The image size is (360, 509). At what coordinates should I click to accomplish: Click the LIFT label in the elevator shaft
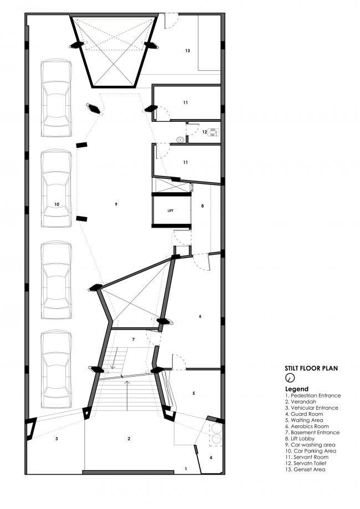171,211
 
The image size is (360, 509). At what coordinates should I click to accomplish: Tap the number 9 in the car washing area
116,204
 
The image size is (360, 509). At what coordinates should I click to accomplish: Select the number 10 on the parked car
56,204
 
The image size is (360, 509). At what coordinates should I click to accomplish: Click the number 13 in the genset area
188,50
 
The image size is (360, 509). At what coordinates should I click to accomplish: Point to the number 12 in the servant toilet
204,132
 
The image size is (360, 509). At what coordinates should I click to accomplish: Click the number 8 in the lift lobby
203,206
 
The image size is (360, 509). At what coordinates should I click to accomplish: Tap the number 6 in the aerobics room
200,316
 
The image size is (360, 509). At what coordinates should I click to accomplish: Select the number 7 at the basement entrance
133,338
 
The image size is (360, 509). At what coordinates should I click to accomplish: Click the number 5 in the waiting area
193,393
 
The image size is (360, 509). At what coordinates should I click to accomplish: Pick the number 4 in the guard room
210,457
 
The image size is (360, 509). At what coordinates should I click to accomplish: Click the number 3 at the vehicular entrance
56,439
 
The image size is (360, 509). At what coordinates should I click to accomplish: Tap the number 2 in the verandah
128,439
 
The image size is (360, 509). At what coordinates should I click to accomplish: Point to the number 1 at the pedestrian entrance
186,469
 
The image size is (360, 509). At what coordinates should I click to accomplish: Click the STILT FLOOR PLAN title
312,368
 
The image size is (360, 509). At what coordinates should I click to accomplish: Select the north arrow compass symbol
289,378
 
